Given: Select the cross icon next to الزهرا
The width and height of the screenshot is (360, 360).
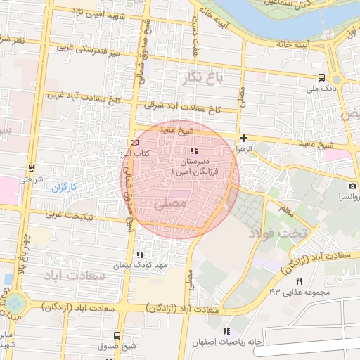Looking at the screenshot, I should (x=243, y=139).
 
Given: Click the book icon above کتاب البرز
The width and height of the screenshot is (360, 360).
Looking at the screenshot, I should (x=135, y=143).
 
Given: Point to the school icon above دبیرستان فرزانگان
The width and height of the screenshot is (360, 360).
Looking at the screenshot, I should (x=194, y=151).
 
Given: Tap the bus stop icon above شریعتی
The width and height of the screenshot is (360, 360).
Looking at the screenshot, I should (x=30, y=169).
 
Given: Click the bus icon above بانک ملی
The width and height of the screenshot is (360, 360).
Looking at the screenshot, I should (x=321, y=77).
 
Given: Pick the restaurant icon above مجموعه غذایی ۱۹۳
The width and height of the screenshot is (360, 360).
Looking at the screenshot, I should (x=299, y=281).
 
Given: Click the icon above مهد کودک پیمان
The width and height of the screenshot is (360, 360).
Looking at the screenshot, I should (x=139, y=254).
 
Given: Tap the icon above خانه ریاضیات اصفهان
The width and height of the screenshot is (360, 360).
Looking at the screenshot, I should (x=226, y=331).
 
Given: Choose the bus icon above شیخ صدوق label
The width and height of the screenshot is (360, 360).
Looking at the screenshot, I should (x=116, y=335).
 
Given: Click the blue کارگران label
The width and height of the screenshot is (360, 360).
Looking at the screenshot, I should (x=63, y=188).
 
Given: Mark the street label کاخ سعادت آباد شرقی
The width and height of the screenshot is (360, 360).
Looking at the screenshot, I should (x=183, y=109).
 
